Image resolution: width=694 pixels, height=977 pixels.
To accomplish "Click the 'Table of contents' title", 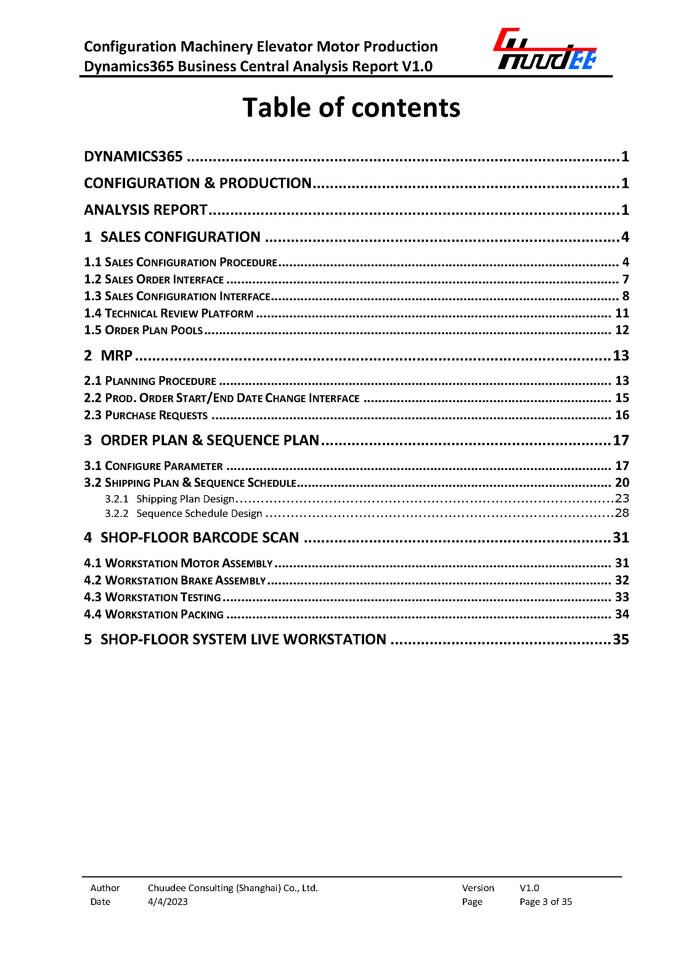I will [x=351, y=107].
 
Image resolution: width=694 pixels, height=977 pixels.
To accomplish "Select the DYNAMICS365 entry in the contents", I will [x=133, y=157].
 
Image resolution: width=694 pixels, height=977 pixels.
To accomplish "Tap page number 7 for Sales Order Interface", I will [x=625, y=279].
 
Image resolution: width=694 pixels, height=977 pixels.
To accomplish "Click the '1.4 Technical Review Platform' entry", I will [x=169, y=314].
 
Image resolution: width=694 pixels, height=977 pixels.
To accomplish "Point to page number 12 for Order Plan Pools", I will [x=622, y=330].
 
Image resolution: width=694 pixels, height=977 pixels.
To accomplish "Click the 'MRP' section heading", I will [x=116, y=356].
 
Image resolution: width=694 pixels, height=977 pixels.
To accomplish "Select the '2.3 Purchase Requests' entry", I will [x=146, y=415].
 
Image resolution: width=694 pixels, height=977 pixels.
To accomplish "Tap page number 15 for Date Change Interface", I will [x=622, y=398].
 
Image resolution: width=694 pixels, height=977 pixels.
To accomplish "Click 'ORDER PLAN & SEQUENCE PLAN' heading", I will [x=209, y=440].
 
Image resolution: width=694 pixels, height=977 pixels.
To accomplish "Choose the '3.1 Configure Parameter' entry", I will [x=153, y=466].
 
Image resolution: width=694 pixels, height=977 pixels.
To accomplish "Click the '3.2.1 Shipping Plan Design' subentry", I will [x=170, y=499].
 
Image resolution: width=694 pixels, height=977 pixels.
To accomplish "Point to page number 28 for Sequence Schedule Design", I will [x=622, y=513].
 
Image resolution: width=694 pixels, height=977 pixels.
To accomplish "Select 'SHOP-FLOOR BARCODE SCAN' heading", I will [x=199, y=538].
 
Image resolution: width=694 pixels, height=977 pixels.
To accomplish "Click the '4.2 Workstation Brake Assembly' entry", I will [x=175, y=580].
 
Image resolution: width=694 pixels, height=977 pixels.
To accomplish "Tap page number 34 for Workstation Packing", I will [x=622, y=615].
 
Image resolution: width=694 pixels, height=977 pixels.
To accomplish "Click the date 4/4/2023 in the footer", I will [x=167, y=902].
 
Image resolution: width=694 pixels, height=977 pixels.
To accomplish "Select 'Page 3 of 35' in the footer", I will [x=545, y=902].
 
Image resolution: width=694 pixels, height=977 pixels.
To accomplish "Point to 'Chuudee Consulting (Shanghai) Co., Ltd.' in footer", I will [x=233, y=888].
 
